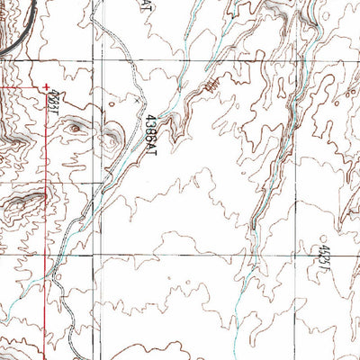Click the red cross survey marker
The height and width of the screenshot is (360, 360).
pyautogui.click(x=46, y=86)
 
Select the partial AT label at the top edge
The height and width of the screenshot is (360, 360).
pyautogui.click(x=148, y=5)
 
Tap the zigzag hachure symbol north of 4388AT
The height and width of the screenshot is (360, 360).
pyautogui.click(x=211, y=85)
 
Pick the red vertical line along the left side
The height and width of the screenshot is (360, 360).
pyautogui.click(x=47, y=225)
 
